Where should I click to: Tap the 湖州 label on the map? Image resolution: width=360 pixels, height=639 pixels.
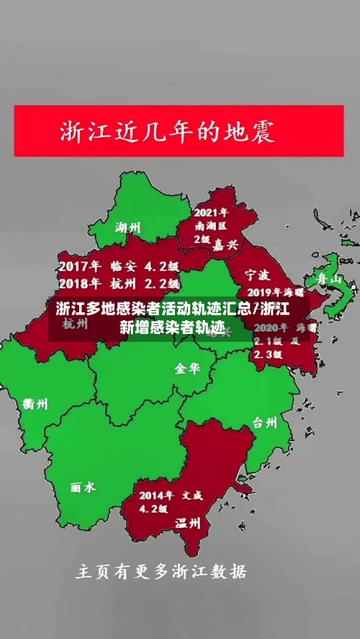[128, 228]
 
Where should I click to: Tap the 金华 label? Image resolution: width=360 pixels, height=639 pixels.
[187, 368]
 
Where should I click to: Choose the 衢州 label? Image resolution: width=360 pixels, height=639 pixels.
[35, 404]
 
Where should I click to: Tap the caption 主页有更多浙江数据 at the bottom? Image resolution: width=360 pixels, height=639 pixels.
[161, 572]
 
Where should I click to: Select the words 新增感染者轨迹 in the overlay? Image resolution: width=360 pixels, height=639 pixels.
[172, 327]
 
